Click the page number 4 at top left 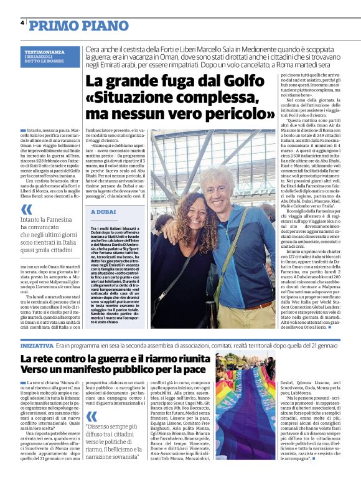[22, 22]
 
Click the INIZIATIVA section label [37, 344]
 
